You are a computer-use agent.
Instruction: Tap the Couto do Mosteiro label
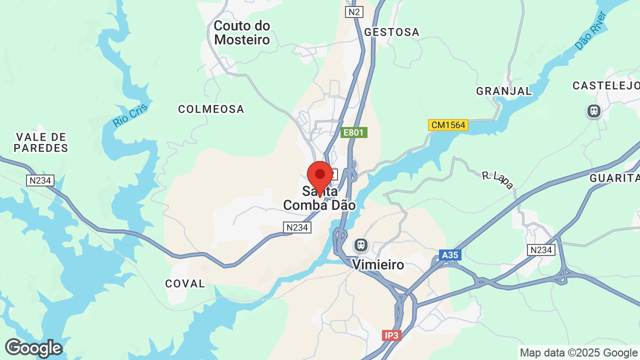(242, 32)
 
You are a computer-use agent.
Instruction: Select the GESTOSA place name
(391, 32)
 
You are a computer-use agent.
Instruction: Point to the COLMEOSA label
(211, 109)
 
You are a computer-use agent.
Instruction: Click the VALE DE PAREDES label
(40, 142)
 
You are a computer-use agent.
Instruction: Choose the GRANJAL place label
(504, 91)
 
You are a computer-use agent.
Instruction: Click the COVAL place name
(185, 283)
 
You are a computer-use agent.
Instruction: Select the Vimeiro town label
(378, 264)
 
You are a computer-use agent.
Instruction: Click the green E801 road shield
(354, 132)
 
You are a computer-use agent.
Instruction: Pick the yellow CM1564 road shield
(448, 125)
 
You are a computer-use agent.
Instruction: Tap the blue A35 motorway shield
(449, 255)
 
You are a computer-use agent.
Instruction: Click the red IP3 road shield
(391, 335)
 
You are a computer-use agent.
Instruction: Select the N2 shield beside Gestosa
(354, 12)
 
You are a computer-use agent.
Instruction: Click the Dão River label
(590, 31)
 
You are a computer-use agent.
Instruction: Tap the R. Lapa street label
(497, 180)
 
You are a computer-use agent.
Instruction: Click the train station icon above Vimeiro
(360, 245)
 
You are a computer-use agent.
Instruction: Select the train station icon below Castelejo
(593, 110)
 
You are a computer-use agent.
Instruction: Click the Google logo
(33, 348)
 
